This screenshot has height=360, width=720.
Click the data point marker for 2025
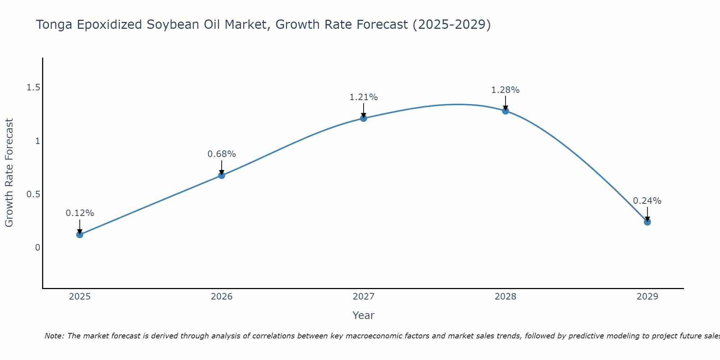80,235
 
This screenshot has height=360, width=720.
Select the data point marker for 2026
222,175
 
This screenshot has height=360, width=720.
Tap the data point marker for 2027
364,118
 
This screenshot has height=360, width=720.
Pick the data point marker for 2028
505,111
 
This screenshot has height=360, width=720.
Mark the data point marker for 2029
647,222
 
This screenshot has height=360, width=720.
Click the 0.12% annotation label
80,213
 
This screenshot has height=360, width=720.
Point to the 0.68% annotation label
222,154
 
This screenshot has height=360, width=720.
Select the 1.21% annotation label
364,97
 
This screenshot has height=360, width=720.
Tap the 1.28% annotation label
505,90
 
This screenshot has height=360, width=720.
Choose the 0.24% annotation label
647,201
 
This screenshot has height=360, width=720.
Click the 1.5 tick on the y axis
33,87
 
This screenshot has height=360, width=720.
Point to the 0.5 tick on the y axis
33,194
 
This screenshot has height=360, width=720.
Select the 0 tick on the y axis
37,248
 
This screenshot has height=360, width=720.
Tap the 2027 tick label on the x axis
364,297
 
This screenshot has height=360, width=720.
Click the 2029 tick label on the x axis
647,297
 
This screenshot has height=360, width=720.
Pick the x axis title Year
364,315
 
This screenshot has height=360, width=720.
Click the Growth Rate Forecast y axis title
9,173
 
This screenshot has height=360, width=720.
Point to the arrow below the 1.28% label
505,103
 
